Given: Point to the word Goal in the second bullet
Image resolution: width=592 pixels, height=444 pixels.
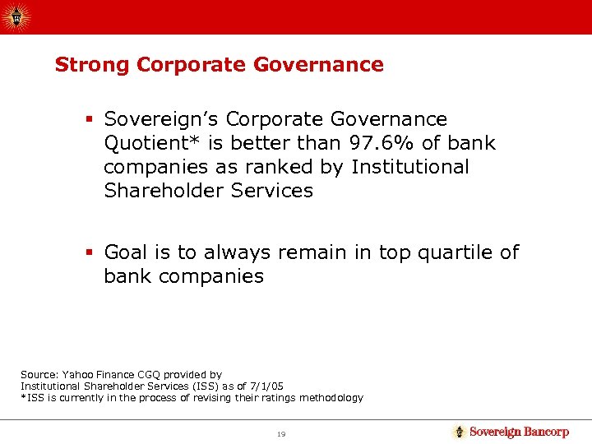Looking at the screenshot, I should [x=127, y=252].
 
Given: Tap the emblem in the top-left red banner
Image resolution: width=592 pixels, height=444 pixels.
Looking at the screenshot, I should [x=16, y=16].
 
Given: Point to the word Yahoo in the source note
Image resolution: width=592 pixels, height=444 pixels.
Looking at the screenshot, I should [x=72, y=374].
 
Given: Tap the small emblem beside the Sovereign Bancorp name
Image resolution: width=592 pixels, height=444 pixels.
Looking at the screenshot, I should [x=460, y=432].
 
